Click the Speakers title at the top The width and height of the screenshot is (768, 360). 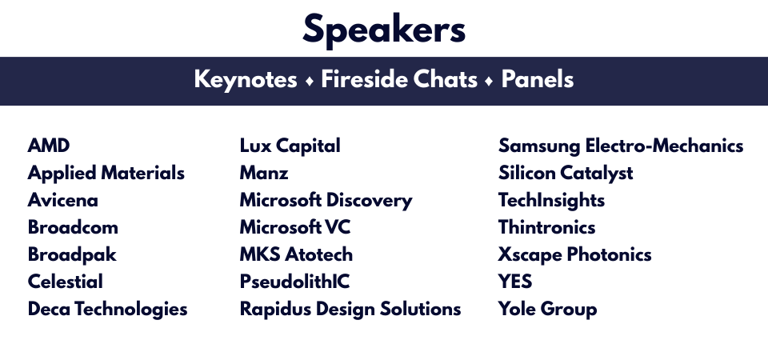click(x=384, y=30)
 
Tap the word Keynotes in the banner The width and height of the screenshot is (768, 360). click(x=246, y=79)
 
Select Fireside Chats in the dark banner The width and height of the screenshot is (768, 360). click(x=399, y=79)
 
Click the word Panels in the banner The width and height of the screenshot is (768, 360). click(x=538, y=79)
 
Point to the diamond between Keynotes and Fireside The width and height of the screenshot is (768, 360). click(x=309, y=82)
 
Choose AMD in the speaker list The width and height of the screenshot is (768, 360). click(x=49, y=146)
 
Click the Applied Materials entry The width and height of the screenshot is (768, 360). click(x=106, y=174)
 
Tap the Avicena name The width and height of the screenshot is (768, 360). click(x=62, y=200)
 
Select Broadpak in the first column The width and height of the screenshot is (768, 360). click(x=72, y=254)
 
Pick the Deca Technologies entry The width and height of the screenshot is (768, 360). click(x=108, y=309)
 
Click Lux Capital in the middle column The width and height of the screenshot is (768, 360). click(x=290, y=146)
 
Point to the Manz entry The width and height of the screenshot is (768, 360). click(x=264, y=173)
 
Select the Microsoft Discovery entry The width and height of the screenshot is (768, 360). click(x=326, y=200)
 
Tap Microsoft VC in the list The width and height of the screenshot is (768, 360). click(x=295, y=227)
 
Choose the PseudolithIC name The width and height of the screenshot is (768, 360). click(x=295, y=282)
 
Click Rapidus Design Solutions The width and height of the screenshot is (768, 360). click(x=350, y=309)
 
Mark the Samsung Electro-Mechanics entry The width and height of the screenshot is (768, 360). click(x=621, y=146)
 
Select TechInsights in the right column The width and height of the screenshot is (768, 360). click(x=551, y=200)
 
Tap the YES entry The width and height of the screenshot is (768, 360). click(x=515, y=282)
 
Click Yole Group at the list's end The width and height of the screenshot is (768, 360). click(x=547, y=309)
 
